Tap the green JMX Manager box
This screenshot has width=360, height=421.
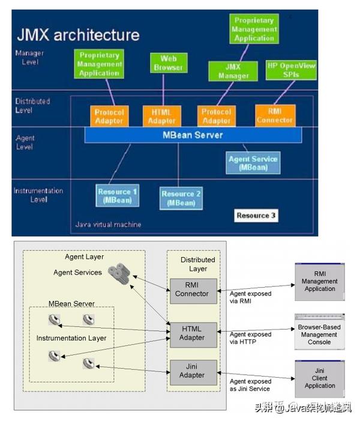tap(233, 71)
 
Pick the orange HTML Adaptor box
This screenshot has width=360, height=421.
tap(161, 116)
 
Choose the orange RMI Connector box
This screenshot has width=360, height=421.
tap(275, 115)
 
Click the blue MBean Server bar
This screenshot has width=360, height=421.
tap(192, 135)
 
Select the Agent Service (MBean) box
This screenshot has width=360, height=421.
tap(253, 163)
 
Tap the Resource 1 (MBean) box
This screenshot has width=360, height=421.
tap(117, 196)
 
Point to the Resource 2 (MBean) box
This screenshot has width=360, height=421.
tap(181, 198)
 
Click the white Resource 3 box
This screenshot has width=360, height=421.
tap(256, 215)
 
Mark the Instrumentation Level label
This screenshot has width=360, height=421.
tap(38, 195)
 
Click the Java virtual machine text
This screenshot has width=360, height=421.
tap(109, 225)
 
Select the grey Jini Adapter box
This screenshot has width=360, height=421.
tap(192, 371)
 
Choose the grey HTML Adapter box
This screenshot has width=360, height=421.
tap(192, 333)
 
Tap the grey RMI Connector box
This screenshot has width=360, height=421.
tap(192, 291)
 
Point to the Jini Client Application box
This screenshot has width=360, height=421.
tap(319, 378)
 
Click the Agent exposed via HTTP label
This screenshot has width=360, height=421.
tap(250, 338)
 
